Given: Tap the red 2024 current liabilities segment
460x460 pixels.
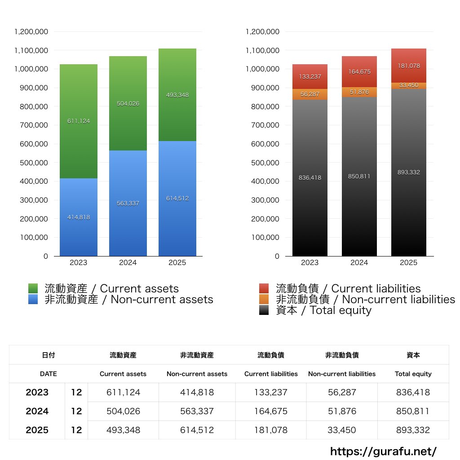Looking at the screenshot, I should (x=359, y=72).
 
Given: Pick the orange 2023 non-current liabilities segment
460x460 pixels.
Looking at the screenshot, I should (x=310, y=94).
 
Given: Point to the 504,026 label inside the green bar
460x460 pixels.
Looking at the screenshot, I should (x=128, y=104).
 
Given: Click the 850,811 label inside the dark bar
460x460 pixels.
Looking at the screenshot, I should (x=359, y=177).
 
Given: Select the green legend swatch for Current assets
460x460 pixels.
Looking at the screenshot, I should (x=33, y=288).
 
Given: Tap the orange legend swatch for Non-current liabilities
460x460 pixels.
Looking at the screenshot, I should (x=264, y=299).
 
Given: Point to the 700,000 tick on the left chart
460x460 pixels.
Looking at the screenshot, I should (x=31, y=125).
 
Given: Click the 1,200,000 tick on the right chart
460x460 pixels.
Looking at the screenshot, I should (x=263, y=32).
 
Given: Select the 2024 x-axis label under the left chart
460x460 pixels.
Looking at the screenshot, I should (x=128, y=263).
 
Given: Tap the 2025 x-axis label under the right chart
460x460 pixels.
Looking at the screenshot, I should (x=409, y=263).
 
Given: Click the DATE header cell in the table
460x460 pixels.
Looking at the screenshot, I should (x=48, y=374).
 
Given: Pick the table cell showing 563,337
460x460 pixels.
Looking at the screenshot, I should (x=197, y=411).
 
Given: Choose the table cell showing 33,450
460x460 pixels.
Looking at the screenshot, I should (x=341, y=430).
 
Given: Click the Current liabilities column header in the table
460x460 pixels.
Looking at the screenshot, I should (x=271, y=374).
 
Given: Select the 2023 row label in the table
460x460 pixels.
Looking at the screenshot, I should (x=37, y=392).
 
